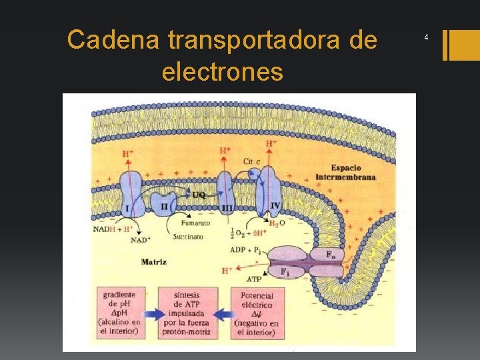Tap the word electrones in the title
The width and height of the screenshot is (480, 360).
tap(222, 71)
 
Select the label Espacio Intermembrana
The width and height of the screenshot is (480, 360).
tap(346, 173)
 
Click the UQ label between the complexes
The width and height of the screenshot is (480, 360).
tap(199, 195)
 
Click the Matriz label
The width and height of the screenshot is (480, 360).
tap(154, 262)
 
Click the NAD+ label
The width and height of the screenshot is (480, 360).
tap(140, 240)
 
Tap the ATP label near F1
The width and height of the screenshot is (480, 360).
tap(253, 279)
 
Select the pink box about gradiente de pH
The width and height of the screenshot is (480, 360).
tap(121, 312)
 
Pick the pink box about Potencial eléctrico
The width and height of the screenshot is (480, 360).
tap(257, 312)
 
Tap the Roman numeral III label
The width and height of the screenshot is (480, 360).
tap(227, 209)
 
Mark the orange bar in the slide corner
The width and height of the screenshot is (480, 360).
tap(459, 45)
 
